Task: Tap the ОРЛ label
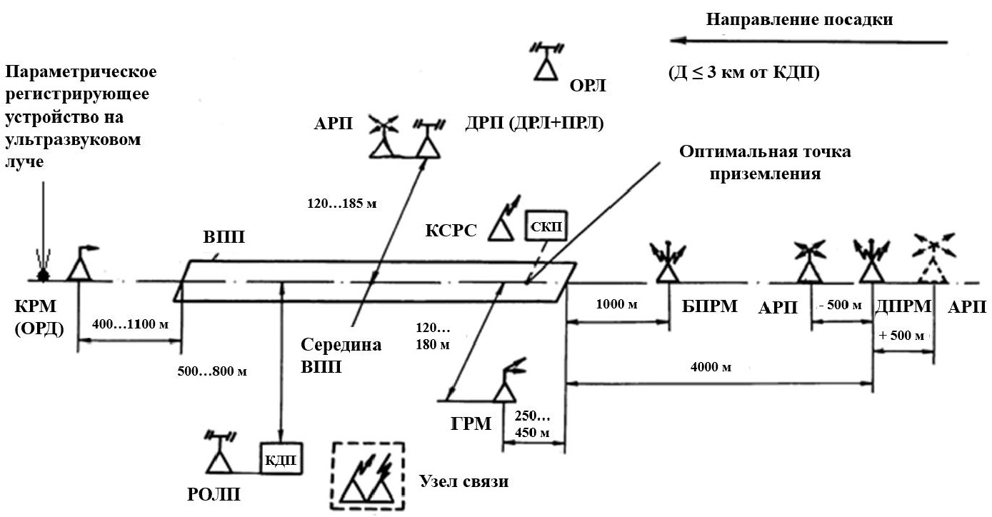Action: [x=587, y=87]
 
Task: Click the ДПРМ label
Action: [x=902, y=306]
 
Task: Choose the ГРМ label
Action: [x=471, y=423]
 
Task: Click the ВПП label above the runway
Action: [x=224, y=238]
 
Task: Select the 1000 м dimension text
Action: [x=616, y=304]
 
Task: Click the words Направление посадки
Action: [x=800, y=19]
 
